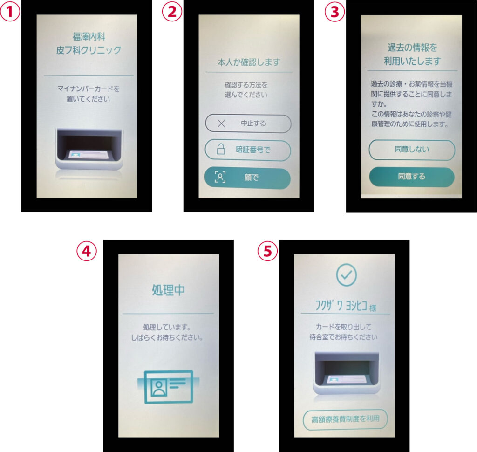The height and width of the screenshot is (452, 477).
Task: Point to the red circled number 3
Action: pos(334,12)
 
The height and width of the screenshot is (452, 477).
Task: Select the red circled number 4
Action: pos(86,251)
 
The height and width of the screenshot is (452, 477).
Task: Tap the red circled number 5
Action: pos(267,251)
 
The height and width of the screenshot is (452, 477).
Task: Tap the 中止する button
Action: pos(248,123)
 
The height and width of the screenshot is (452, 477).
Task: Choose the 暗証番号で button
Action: pos(248,150)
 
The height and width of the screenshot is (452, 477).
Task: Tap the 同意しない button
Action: pos(412,150)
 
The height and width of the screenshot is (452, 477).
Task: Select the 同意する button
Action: pos(412,177)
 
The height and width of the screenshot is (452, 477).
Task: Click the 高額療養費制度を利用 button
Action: pos(345,419)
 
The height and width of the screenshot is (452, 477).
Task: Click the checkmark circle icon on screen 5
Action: pos(346,275)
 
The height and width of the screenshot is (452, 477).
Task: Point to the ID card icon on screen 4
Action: pos(168,387)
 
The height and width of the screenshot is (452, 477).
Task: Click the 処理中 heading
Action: pos(168,290)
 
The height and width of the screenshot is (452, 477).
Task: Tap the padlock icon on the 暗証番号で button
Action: pos(221,149)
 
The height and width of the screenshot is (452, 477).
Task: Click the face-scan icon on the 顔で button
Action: pos(220,177)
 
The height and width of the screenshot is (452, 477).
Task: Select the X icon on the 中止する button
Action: pos(221,123)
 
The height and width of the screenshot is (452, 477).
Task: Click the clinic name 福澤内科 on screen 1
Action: pos(89,37)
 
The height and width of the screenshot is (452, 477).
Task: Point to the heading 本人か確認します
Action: pos(249,62)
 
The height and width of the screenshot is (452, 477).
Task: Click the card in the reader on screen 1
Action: pos(89,155)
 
